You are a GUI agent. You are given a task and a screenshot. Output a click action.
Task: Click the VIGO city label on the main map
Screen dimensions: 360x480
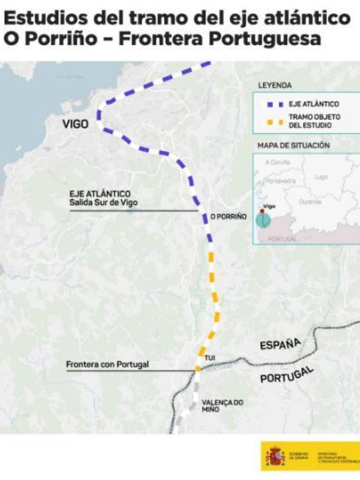75,124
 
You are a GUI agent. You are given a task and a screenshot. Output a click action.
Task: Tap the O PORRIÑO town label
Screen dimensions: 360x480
229,216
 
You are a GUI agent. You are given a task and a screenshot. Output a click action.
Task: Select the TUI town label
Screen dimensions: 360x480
210,358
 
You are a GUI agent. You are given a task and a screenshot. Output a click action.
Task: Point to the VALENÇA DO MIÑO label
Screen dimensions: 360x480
222,405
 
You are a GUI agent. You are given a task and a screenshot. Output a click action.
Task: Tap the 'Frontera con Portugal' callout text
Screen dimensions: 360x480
107,364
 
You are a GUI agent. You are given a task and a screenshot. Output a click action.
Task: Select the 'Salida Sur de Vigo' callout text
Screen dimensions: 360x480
103,202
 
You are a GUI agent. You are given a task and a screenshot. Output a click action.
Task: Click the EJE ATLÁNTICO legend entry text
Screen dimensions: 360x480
314,104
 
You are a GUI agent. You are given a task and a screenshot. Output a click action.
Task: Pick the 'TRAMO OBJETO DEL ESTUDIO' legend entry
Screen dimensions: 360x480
314,121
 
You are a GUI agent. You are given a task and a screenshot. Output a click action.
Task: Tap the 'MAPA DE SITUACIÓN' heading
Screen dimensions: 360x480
293,145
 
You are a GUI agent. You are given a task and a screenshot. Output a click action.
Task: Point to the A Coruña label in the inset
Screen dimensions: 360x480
278,162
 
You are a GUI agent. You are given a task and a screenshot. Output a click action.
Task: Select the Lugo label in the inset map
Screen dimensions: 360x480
321,177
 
